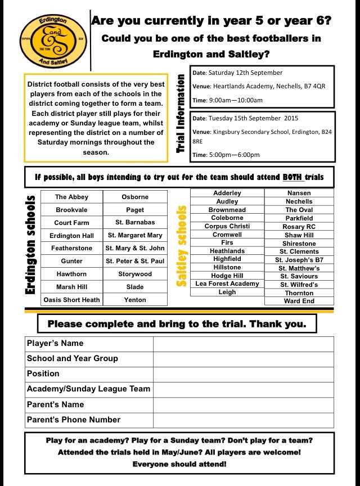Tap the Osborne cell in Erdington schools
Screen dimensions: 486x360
point(135,197)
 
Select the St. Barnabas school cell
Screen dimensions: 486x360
point(135,222)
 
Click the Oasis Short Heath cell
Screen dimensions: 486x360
point(71,299)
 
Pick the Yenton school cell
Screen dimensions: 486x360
point(135,299)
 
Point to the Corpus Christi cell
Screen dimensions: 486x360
point(227,226)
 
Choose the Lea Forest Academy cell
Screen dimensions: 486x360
point(227,283)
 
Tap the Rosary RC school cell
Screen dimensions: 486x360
point(299,226)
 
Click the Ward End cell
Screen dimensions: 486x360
point(299,301)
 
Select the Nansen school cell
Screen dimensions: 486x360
point(299,193)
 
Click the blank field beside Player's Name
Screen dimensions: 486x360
point(243,343)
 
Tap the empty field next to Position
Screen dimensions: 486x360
point(243,373)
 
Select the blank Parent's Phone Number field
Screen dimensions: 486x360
point(243,420)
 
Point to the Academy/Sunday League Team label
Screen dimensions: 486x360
point(89,389)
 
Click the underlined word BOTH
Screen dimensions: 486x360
point(292,177)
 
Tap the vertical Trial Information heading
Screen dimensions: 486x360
point(181,112)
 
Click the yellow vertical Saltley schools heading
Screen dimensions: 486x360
point(181,246)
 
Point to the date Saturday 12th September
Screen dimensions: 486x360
point(245,73)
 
